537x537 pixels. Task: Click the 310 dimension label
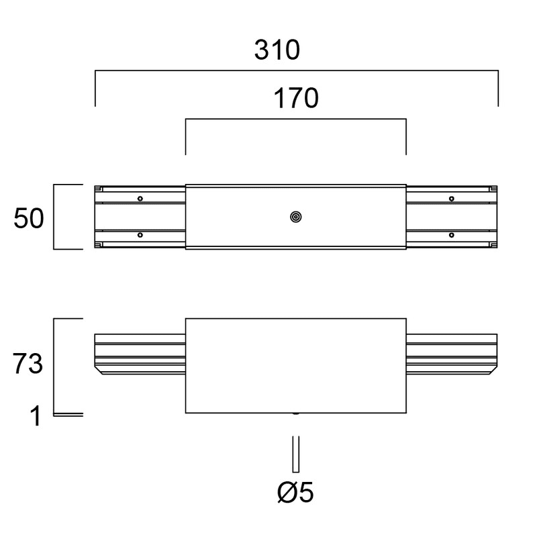[277, 50]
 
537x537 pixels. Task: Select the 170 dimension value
[296, 98]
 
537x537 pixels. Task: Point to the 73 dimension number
[28, 363]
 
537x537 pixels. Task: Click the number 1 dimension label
[36, 416]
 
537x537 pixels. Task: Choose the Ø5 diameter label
[295, 492]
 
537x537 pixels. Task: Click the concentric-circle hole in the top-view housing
[296, 217]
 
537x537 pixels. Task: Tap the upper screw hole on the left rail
[140, 199]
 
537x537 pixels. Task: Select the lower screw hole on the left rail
[140, 235]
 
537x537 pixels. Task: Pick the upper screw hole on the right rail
[452, 199]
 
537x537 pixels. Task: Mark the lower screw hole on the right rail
[452, 235]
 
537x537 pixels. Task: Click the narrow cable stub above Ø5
[296, 454]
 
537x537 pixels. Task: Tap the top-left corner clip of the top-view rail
[99, 189]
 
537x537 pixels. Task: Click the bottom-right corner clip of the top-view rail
[493, 245]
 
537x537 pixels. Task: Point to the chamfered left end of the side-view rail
[99, 371]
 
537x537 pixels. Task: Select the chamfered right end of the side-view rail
[493, 371]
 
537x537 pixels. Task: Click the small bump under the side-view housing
[296, 413]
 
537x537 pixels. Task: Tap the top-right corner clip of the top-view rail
[493, 189]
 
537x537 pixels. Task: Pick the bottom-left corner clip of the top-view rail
[99, 245]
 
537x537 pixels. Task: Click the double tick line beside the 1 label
[68, 415]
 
